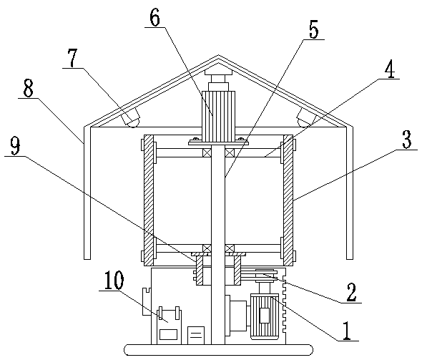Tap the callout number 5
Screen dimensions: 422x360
coord(314,29)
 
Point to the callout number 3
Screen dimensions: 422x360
coord(407,139)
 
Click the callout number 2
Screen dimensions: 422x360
coord(351,292)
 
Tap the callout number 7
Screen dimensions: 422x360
coord(73,58)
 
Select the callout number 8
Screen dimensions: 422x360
coord(28,88)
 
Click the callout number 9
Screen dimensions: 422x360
coord(15,146)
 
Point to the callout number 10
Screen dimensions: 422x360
coord(114,280)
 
